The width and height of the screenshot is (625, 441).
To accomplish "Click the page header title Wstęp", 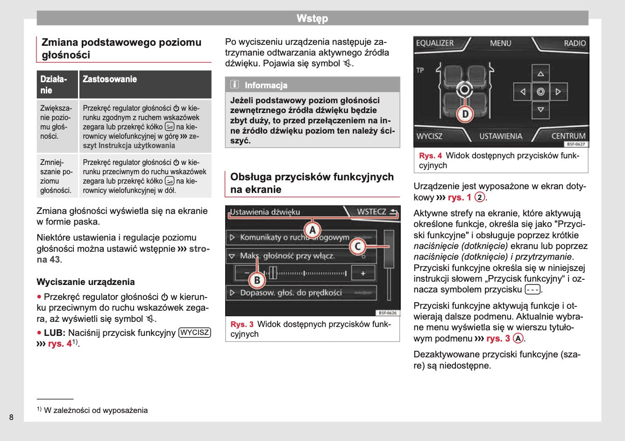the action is [x=312, y=18].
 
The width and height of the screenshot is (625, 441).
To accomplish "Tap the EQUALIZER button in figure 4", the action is [x=434, y=43].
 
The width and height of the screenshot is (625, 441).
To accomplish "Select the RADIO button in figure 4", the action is [x=574, y=43].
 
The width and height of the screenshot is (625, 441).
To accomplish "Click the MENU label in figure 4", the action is [x=500, y=43].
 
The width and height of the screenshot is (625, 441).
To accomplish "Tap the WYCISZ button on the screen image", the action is [x=429, y=136].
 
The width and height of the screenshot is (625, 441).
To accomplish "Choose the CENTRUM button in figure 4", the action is [x=568, y=136].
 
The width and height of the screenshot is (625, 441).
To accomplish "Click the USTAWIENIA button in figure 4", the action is [x=500, y=136].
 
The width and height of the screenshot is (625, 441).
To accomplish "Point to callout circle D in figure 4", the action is [x=465, y=113].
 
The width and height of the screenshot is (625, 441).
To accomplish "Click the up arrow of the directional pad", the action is [x=540, y=74].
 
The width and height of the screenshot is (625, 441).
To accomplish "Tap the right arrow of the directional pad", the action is [x=558, y=92].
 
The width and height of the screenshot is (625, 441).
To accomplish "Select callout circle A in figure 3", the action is [x=312, y=230].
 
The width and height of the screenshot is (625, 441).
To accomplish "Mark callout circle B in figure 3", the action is [x=256, y=280].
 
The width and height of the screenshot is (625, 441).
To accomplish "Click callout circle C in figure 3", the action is [x=357, y=246].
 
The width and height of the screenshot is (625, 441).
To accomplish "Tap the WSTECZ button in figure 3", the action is [x=376, y=212].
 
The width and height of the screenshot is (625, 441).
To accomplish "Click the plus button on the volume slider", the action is [x=363, y=273].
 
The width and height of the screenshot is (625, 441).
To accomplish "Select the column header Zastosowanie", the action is [x=110, y=79].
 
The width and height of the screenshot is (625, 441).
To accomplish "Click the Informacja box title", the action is [x=266, y=85].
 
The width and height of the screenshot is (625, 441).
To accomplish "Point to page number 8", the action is [x=11, y=417].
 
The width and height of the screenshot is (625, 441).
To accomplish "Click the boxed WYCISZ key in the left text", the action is [x=195, y=333].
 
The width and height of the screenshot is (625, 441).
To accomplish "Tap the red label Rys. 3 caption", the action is [x=242, y=324].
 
